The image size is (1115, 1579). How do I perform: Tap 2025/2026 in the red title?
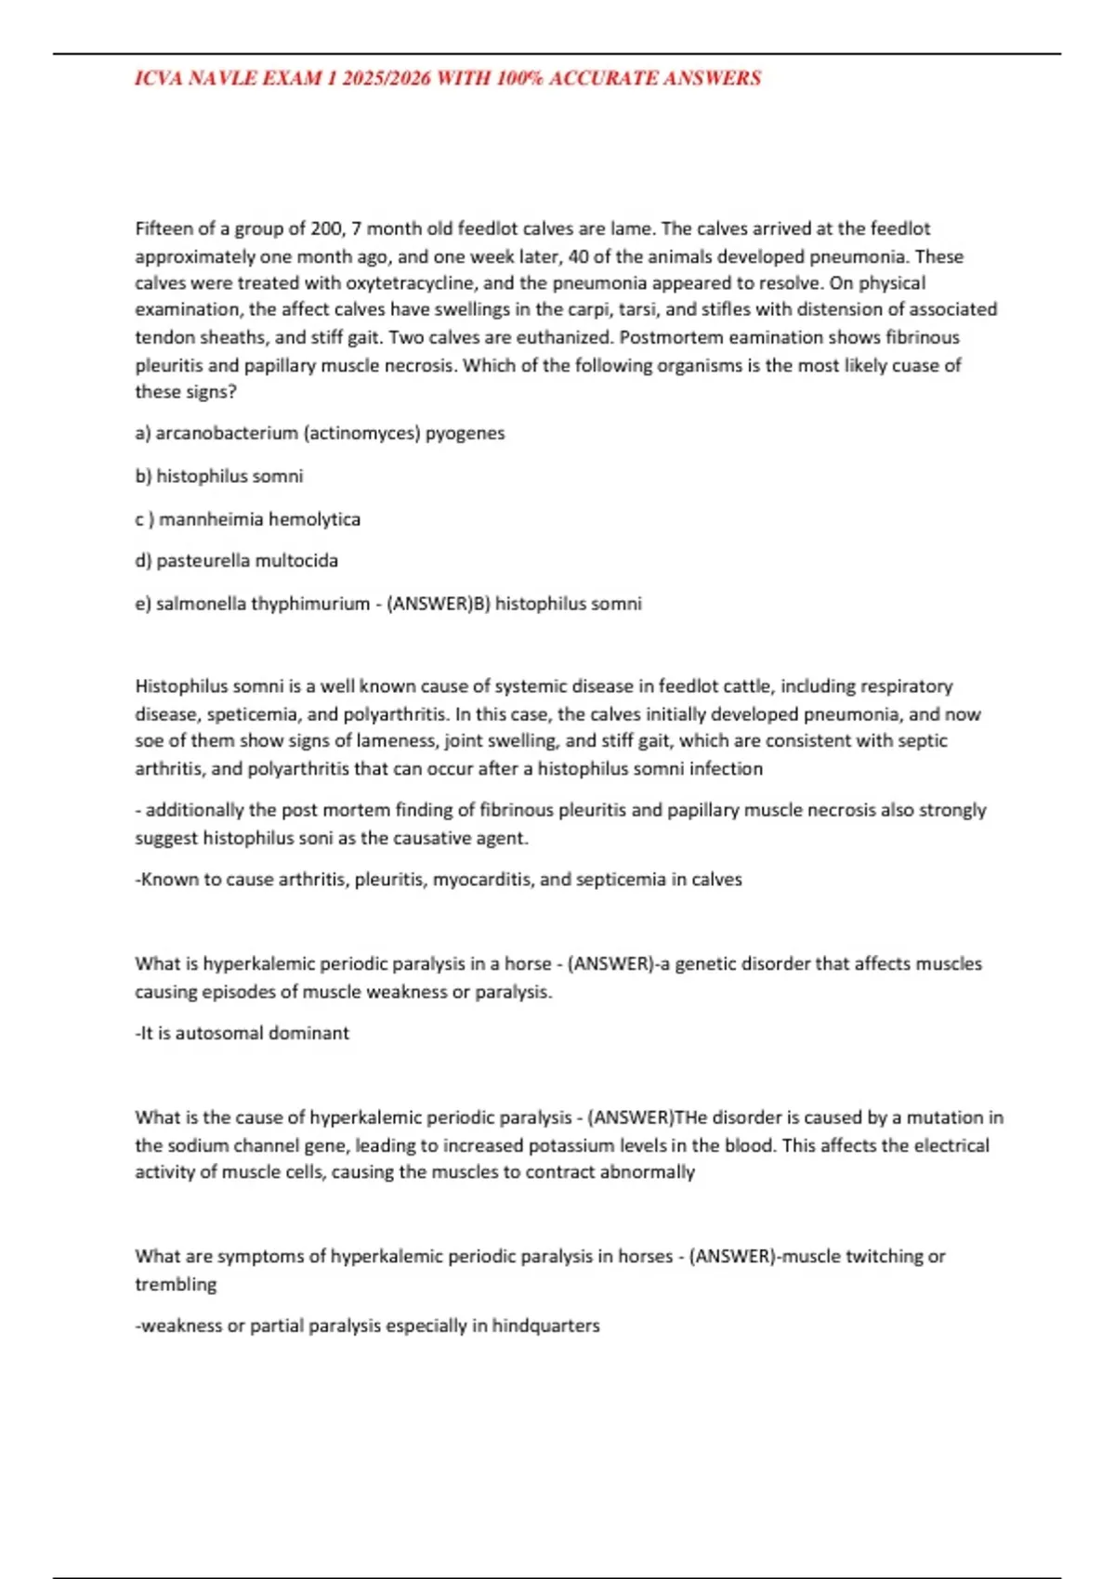point(387,78)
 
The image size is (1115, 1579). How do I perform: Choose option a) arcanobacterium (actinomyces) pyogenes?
point(320,433)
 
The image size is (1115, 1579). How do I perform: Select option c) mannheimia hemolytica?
point(247,519)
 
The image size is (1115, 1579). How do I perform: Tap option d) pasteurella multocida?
point(237,561)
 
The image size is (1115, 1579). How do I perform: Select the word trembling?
point(175,1285)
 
